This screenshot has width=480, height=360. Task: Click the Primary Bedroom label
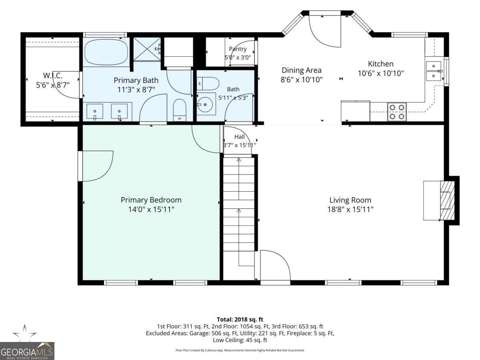coord(151,200)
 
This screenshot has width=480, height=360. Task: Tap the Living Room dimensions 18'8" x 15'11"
coord(350,209)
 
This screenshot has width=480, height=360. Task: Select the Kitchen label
coord(380,64)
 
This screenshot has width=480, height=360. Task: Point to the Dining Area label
coord(302,70)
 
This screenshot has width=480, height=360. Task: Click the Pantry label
coord(238,49)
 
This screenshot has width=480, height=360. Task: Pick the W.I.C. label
coord(53,76)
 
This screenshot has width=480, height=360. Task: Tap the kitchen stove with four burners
coord(397,112)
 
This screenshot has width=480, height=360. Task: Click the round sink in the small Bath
coord(205,105)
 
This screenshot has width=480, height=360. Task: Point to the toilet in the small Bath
coord(208,84)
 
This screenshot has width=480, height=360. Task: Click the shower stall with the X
coord(147,49)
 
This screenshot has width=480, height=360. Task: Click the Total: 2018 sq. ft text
coord(240,319)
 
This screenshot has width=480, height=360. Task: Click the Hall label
coord(240,137)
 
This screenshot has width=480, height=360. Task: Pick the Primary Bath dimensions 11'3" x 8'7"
coord(136,90)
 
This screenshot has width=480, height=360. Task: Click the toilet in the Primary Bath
coord(180,110)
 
